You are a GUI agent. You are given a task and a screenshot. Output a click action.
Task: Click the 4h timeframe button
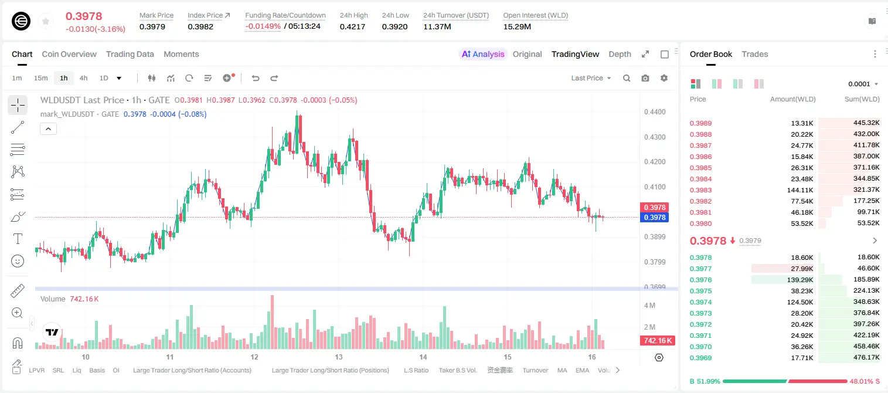coord(83,78)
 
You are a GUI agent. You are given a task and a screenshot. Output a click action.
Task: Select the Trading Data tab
coord(130,54)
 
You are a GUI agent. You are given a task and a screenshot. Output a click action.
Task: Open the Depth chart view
coord(620,54)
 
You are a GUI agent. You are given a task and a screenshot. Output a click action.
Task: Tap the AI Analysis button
coord(483,54)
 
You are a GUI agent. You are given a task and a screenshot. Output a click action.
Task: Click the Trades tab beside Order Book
coord(754,54)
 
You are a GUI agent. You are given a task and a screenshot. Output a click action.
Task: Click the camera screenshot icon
coord(645,78)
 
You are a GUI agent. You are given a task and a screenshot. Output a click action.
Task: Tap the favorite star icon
coord(46,21)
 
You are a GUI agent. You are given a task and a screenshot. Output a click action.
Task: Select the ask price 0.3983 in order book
coord(700,190)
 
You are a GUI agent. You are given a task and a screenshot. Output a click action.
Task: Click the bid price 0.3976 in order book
coord(700,280)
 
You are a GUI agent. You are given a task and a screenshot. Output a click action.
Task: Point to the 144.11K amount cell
coord(799,190)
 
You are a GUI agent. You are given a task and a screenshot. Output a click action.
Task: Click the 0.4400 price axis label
coord(655,112)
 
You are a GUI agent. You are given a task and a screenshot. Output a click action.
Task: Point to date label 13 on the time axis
coord(339,357)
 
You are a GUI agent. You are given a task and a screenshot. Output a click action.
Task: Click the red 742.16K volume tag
coord(657,340)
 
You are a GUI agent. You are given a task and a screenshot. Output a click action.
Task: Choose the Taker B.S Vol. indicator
coord(457,370)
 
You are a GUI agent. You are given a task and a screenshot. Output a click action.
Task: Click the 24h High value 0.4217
coord(352,26)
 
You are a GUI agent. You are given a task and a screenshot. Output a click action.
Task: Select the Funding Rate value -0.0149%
coord(263,26)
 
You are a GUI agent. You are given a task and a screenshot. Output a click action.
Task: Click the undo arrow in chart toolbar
coord(256,78)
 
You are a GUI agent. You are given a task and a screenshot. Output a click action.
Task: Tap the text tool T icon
coord(18,239)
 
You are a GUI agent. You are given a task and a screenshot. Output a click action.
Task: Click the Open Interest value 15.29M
coord(517,26)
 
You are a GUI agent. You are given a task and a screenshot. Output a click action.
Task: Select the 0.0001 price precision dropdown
coord(863,84)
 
